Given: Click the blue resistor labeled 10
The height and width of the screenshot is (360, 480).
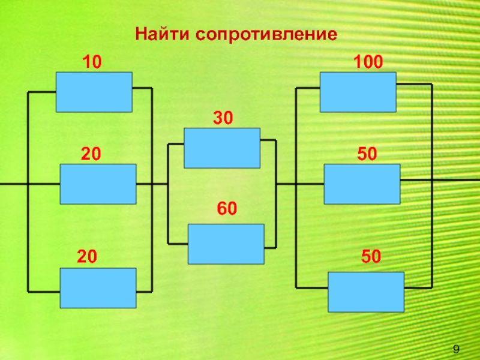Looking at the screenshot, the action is pyautogui.click(x=94, y=92).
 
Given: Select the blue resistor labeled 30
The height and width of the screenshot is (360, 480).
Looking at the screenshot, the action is pyautogui.click(x=222, y=148).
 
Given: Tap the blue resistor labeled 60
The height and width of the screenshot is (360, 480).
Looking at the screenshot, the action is pyautogui.click(x=226, y=244).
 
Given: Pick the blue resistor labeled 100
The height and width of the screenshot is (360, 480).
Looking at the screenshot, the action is pyautogui.click(x=358, y=92).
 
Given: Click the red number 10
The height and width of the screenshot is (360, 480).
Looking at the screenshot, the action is pyautogui.click(x=92, y=62).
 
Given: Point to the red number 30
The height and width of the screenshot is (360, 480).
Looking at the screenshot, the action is pyautogui.click(x=223, y=118).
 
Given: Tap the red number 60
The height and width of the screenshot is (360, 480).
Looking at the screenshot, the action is pyautogui.click(x=227, y=208).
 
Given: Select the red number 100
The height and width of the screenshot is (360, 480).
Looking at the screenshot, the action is pyautogui.click(x=368, y=62).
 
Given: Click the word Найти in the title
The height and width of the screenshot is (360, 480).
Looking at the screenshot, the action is pyautogui.click(x=162, y=34).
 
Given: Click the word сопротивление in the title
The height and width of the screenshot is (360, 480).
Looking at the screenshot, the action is pyautogui.click(x=266, y=34).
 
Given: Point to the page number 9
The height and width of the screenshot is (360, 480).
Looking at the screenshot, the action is pyautogui.click(x=456, y=349).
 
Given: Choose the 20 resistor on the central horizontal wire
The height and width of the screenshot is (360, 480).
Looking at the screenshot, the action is pyautogui.click(x=98, y=184).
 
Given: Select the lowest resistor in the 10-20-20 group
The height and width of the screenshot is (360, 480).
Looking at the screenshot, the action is pyautogui.click(x=98, y=288).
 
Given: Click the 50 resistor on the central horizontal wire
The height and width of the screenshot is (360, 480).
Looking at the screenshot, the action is pyautogui.click(x=362, y=184).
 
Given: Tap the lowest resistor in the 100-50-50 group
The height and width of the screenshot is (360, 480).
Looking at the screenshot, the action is pyautogui.click(x=366, y=292).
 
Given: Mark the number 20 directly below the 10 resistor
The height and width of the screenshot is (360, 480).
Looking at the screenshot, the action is pyautogui.click(x=91, y=154).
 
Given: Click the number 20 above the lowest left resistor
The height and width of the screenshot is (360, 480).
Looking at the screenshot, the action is pyautogui.click(x=87, y=257).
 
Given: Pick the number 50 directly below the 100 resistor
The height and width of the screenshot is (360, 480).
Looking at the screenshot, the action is pyautogui.click(x=367, y=154).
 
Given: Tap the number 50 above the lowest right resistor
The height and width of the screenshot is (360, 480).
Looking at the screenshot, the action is pyautogui.click(x=371, y=257).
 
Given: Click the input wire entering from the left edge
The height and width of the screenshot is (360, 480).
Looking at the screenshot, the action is pyautogui.click(x=14, y=184).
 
